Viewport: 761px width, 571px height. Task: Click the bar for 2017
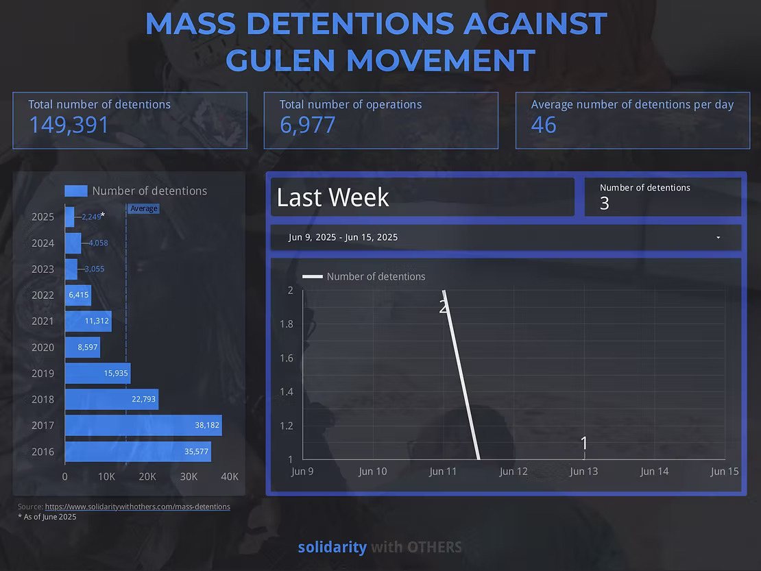pyautogui.click(x=143, y=425)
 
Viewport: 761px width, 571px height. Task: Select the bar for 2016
pyautogui.click(x=137, y=451)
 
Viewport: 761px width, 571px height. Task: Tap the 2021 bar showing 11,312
pyautogui.click(x=88, y=321)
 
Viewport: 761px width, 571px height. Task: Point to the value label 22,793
pyautogui.click(x=143, y=399)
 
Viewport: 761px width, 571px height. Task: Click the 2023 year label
pyautogui.click(x=43, y=269)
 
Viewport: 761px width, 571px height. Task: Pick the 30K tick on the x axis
pyautogui.click(x=189, y=476)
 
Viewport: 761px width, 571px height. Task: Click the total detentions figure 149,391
pyautogui.click(x=69, y=125)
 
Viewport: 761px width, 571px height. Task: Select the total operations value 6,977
pyautogui.click(x=307, y=125)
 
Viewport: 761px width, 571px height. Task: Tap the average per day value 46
pyautogui.click(x=544, y=125)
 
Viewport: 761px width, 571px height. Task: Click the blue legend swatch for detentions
pyautogui.click(x=76, y=191)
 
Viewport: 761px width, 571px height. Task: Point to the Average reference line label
pyautogui.click(x=143, y=208)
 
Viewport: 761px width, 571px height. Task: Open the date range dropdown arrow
pyautogui.click(x=718, y=238)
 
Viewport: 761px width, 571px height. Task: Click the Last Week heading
pyautogui.click(x=333, y=197)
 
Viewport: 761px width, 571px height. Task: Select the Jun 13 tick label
pyautogui.click(x=584, y=471)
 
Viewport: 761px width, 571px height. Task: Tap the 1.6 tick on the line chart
pyautogui.click(x=287, y=358)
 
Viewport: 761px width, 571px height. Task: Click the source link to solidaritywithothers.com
pyautogui.click(x=137, y=507)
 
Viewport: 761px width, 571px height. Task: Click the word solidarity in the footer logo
pyautogui.click(x=332, y=547)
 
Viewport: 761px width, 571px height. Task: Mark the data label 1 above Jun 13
pyautogui.click(x=584, y=444)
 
